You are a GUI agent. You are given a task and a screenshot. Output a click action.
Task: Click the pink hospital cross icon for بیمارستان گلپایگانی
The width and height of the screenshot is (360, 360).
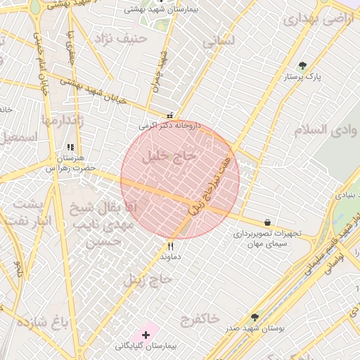coord(146,333)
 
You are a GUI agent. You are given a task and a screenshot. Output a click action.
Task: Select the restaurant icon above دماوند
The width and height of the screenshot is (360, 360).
coord(169,247)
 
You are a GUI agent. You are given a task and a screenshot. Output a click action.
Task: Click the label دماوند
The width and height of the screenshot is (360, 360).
coord(169,258)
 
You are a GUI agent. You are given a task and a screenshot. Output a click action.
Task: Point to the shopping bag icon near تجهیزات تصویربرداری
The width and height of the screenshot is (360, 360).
coord(267,222)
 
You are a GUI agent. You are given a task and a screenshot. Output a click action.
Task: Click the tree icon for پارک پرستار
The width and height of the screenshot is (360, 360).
coord(303,66)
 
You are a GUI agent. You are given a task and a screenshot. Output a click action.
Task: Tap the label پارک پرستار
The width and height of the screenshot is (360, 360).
coord(303,77)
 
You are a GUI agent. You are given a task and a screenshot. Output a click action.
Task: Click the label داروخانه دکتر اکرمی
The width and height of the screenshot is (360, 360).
coord(169,126)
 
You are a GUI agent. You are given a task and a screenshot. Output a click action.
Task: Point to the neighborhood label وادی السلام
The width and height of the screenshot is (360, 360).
coord(318,130)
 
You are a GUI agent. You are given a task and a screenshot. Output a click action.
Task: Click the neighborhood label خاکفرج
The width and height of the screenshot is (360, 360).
coord(198,319)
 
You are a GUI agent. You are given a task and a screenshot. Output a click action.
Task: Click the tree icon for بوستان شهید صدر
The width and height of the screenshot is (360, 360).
coord(255,318)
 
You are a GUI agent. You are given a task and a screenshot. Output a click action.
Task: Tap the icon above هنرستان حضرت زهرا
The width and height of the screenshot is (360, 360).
coord(70,148)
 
